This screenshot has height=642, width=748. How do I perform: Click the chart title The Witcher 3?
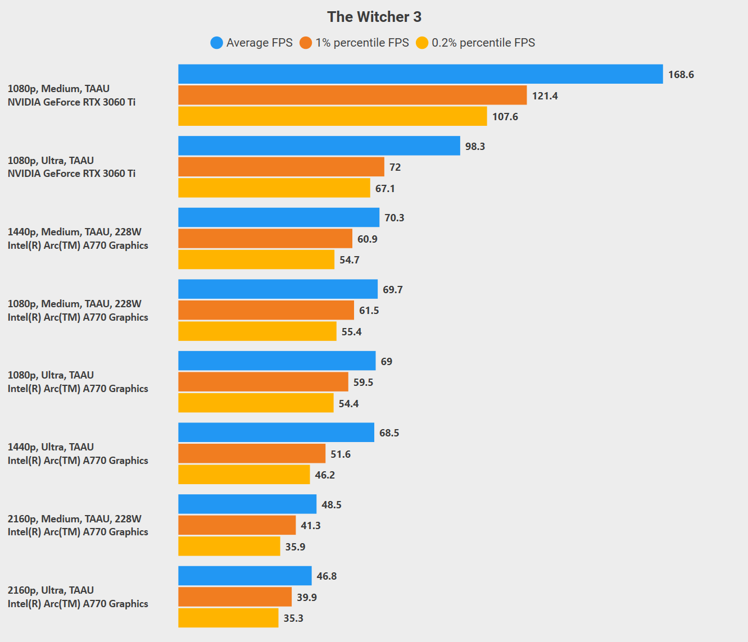(374, 17)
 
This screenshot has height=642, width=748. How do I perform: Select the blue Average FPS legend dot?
(216, 43)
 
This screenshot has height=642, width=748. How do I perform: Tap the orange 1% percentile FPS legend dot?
(306, 43)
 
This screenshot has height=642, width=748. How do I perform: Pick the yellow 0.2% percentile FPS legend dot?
(422, 43)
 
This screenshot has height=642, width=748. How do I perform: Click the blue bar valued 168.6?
(420, 74)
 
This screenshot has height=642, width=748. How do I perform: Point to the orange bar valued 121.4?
(352, 95)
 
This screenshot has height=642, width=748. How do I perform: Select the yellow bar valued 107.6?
(333, 116)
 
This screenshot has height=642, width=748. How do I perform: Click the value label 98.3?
(475, 146)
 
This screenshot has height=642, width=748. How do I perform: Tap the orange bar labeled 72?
(281, 167)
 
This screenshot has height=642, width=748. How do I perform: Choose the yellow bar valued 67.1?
(274, 188)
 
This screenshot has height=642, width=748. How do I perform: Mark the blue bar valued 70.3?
(279, 217)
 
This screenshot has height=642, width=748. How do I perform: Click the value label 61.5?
(369, 311)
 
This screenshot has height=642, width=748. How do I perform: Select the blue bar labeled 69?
(277, 361)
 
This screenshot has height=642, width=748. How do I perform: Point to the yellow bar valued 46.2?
(244, 475)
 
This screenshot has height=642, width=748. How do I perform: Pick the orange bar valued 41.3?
(237, 525)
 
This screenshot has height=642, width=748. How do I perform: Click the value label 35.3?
(293, 618)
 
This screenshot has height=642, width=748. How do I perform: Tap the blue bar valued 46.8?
(245, 576)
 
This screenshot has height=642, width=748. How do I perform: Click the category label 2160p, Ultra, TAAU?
(51, 590)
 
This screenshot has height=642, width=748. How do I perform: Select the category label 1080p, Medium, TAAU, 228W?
(75, 304)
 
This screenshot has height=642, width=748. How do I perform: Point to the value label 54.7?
(350, 260)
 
